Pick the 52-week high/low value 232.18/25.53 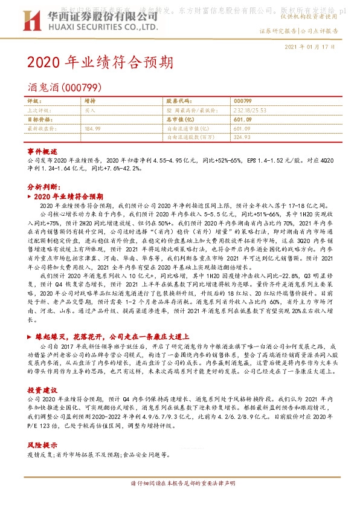251,111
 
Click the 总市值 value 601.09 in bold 242,120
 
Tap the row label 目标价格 40,120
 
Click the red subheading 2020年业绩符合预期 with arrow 69,197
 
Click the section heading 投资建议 42,391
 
